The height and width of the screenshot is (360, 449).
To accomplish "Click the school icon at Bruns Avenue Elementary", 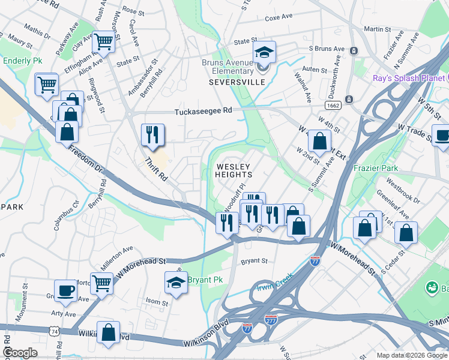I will (264, 52).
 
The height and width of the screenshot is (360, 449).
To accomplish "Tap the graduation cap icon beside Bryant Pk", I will (175, 283).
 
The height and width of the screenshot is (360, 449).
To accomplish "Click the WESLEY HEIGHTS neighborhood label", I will (234, 170).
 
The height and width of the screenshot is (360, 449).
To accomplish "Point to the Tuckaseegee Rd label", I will (203, 111).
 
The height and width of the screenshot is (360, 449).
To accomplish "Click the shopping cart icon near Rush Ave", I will (103, 42).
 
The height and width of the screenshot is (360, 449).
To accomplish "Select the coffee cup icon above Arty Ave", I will (66, 290).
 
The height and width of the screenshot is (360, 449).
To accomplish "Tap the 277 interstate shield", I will (271, 320).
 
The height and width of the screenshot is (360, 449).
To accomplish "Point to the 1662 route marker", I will (333, 105).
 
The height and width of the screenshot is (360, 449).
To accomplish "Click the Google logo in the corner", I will (20, 352).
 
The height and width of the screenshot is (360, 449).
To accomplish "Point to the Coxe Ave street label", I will (278, 18).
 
